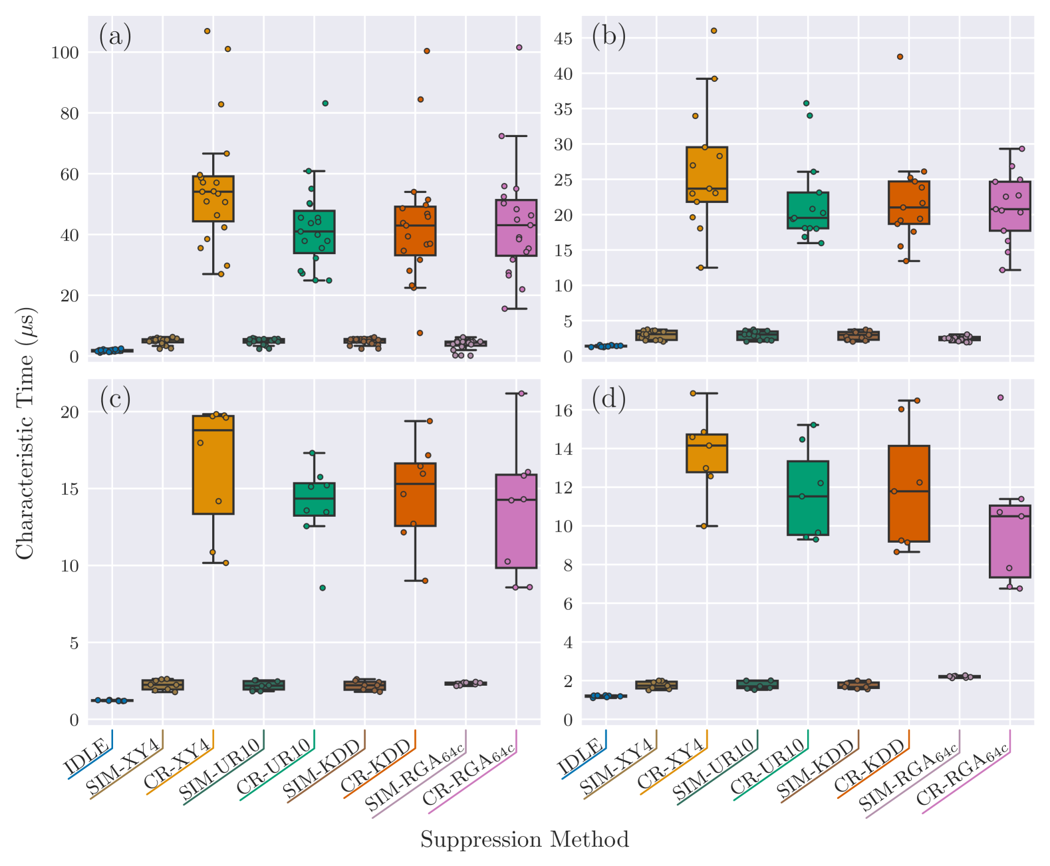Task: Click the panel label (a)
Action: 115,37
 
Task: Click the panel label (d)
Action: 608,400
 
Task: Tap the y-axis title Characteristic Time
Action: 26,433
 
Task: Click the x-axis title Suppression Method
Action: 524,840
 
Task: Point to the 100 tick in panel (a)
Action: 65,53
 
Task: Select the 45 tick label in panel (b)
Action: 563,39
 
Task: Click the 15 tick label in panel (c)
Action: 69,489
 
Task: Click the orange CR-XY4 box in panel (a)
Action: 213,198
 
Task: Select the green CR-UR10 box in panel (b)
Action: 808,210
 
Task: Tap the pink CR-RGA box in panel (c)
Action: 516,521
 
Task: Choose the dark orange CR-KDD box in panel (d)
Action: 908,494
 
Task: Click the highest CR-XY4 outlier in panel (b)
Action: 714,31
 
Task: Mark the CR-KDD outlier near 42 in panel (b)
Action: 900,57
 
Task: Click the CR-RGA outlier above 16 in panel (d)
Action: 1000,398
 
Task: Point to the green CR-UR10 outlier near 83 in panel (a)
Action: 325,103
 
